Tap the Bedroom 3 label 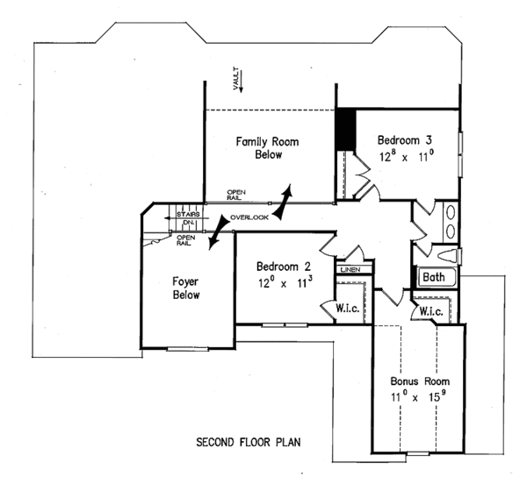[x=405, y=139]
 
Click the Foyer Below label [x=185, y=288]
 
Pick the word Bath [x=433, y=278]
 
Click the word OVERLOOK [x=249, y=216]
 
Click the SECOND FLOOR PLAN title [x=249, y=442]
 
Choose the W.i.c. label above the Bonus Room [x=430, y=311]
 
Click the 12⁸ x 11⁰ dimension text [x=406, y=158]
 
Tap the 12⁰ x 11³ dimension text [x=283, y=283]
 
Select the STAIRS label [x=187, y=214]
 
